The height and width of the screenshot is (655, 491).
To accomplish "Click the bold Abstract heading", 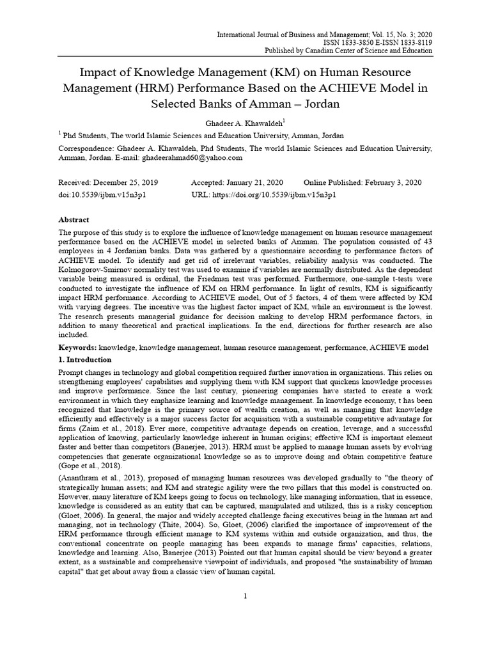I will coord(74,219).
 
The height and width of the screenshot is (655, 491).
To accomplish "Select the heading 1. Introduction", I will coord(84,359).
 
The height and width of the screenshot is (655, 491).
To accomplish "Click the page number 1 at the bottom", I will coord(245,596).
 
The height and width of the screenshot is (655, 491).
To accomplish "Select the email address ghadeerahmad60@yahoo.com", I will coord(192,157).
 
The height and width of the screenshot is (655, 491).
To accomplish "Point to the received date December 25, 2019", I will coord(126,182).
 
